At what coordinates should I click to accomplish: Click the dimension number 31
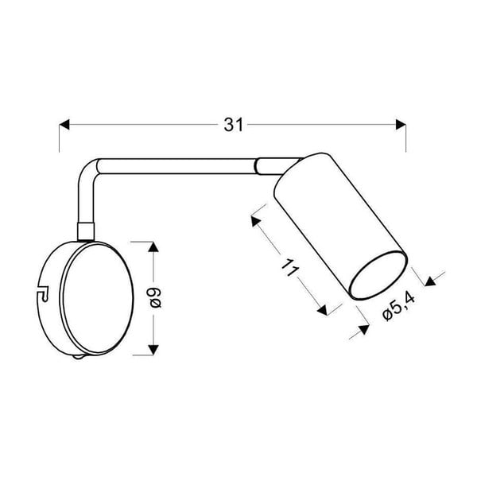(x=232, y=125)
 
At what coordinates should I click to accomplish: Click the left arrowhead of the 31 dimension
(x=66, y=125)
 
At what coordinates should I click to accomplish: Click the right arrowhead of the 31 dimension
(x=400, y=125)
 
